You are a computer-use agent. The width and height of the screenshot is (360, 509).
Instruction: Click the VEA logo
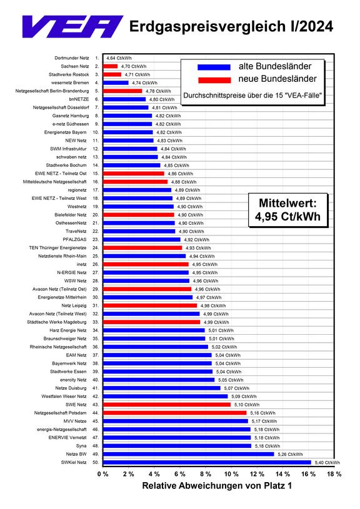click(72, 26)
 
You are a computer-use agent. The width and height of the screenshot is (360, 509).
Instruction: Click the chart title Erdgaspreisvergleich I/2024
click(231, 26)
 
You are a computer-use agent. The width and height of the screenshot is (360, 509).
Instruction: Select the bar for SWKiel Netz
click(207, 462)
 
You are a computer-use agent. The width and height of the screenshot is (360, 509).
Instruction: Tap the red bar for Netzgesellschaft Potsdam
click(175, 413)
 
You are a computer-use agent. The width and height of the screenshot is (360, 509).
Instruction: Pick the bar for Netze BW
click(189, 454)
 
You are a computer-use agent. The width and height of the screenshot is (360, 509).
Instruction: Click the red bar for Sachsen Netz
click(110, 66)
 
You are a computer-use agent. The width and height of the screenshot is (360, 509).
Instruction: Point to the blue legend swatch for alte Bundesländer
click(214, 67)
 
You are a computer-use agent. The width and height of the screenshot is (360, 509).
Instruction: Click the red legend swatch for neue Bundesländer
click(214, 79)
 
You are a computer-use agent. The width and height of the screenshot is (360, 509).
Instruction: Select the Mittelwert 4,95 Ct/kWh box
click(288, 210)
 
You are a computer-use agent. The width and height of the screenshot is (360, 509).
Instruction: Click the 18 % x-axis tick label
click(334, 474)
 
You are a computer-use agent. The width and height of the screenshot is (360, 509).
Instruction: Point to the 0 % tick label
click(102, 474)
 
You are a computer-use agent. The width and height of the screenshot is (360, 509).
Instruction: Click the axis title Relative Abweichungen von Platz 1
click(217, 486)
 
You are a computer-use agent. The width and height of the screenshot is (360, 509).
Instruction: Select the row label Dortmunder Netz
click(71, 58)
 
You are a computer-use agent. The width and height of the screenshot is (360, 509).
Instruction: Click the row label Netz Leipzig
click(74, 305)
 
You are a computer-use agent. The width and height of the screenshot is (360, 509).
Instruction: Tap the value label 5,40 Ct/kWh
click(327, 463)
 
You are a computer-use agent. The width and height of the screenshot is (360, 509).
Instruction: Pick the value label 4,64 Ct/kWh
click(119, 58)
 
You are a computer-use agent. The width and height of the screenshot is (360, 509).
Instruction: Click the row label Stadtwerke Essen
click(68, 372)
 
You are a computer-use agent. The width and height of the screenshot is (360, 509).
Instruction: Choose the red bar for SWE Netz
click(167, 405)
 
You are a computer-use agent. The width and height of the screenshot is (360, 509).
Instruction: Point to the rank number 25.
click(96, 256)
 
